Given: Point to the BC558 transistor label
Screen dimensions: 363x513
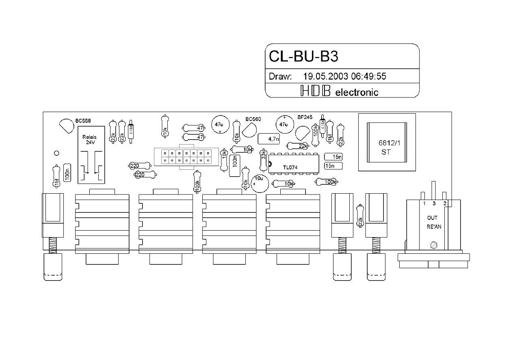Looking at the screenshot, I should [x=83, y=121].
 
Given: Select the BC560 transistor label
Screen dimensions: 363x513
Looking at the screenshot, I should [x=253, y=119].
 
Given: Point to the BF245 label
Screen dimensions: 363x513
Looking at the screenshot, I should [x=305, y=117].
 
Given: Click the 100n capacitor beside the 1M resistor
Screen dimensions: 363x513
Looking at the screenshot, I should [x=68, y=174].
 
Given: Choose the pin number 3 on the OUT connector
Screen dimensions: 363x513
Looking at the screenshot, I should [x=434, y=203].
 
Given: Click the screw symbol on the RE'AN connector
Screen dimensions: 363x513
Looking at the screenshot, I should [x=433, y=245].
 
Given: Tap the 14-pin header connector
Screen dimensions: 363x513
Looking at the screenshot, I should [x=186, y=157].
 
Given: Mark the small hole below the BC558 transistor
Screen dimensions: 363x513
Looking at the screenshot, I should [x=57, y=153].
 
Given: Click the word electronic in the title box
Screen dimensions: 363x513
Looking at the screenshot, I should [x=356, y=93].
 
